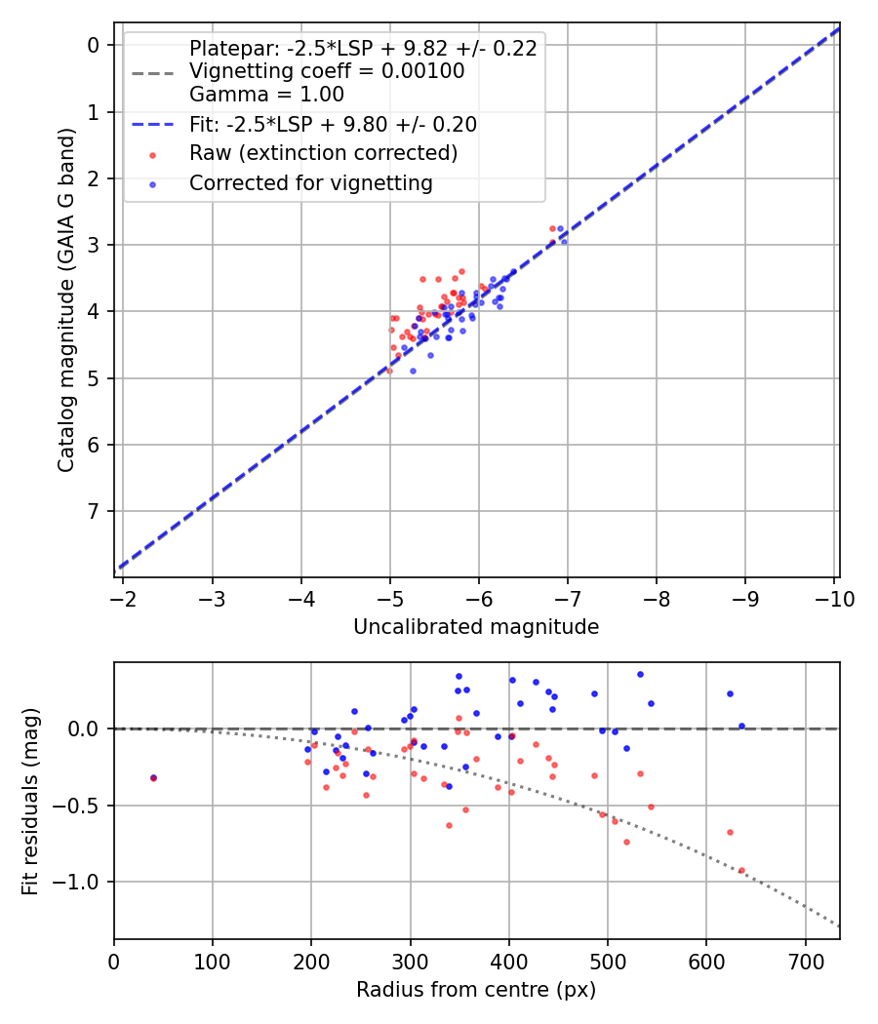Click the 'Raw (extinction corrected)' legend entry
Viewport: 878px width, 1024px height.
[x=323, y=153]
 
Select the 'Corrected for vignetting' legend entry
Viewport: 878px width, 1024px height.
[x=310, y=182]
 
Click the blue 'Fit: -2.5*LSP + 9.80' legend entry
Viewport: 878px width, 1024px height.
[x=333, y=124]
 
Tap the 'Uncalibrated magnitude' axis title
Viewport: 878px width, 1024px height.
[x=476, y=626]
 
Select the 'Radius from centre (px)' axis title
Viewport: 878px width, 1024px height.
[x=476, y=990]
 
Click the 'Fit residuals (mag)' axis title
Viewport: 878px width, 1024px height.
[x=31, y=801]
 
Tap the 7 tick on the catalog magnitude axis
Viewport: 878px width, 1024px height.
[x=94, y=511]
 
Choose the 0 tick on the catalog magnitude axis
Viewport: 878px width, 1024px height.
[x=94, y=45]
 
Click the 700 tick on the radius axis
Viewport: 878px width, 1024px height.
[x=805, y=962]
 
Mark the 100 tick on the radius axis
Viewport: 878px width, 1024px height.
[x=213, y=962]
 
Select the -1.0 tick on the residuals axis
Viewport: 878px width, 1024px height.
[x=81, y=882]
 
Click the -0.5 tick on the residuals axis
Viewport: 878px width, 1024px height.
[x=81, y=806]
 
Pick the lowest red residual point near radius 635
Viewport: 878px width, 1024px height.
[x=741, y=870]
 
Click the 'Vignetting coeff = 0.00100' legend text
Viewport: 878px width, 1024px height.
[x=327, y=71]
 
